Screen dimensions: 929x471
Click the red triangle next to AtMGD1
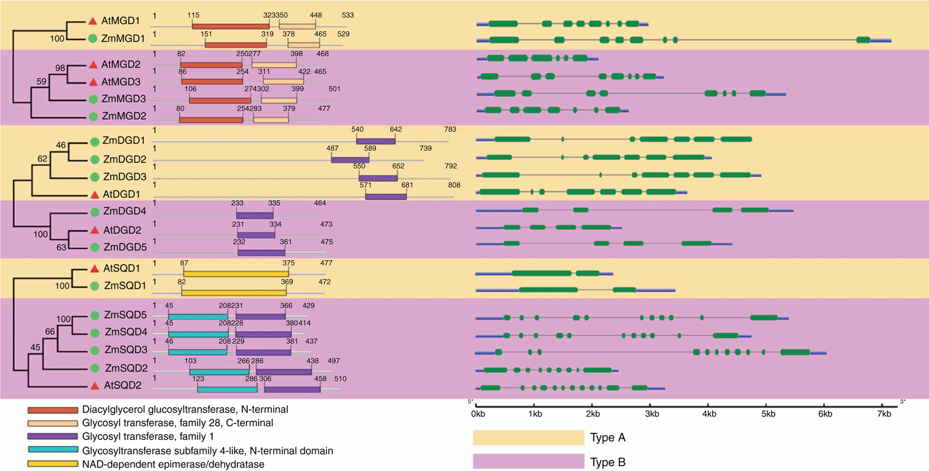[x=93, y=20]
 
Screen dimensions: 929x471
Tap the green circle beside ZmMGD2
[x=94, y=117]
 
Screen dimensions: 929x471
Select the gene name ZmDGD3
[x=124, y=177]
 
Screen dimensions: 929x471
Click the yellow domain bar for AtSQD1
[x=236, y=274]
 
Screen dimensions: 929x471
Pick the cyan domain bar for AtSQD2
[x=227, y=389]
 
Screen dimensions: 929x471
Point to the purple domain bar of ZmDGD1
[x=376, y=141]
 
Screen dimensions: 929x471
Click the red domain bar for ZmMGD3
[x=220, y=100]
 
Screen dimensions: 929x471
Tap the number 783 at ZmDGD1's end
[x=450, y=129]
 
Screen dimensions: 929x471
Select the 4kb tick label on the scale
[x=709, y=414]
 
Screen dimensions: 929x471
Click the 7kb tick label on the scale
[x=884, y=414]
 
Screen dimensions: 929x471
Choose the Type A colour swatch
[x=528, y=438]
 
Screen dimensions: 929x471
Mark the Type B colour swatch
[x=528, y=461]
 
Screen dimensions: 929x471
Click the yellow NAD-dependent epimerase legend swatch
[x=53, y=464]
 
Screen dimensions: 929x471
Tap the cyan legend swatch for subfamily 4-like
[x=53, y=450]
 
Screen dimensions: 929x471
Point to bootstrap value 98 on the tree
[x=60, y=68]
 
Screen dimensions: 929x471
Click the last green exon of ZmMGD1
[x=863, y=40]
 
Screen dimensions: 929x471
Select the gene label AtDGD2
[x=122, y=230]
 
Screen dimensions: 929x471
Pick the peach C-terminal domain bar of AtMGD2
[x=274, y=64]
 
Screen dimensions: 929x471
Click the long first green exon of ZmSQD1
[x=548, y=289]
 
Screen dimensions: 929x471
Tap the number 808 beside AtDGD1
[x=454, y=185]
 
